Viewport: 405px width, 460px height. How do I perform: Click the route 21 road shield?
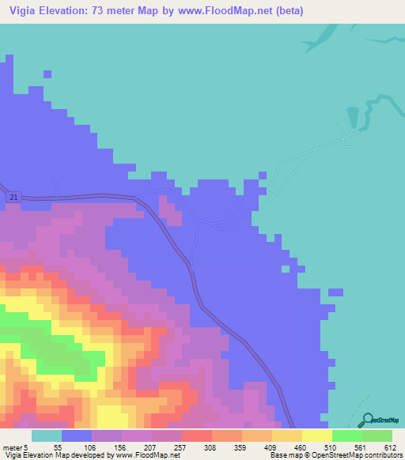tap(14, 196)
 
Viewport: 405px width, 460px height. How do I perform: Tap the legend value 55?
tap(57, 447)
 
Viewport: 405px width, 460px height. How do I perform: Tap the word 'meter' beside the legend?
tap(13, 447)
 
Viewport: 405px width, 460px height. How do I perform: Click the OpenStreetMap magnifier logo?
tap(367, 420)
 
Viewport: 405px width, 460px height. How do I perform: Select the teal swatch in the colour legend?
tap(47, 435)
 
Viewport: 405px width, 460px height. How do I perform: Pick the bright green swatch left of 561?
tap(347, 435)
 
